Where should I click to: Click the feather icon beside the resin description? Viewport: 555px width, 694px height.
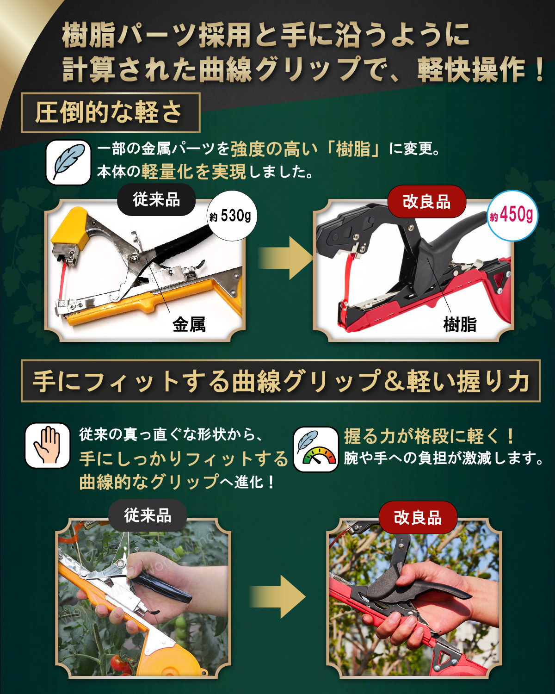coord(68,162)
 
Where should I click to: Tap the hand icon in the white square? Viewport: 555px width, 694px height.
coord(48,445)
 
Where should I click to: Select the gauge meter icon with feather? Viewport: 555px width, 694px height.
coord(316,449)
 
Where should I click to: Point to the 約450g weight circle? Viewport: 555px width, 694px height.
coord(512,216)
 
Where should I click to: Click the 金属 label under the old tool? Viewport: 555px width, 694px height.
coord(189,324)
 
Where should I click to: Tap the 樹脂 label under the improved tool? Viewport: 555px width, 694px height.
coord(460,324)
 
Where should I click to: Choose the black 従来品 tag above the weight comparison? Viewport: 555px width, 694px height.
coord(156,200)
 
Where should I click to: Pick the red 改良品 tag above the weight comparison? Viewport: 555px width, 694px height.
coord(426,202)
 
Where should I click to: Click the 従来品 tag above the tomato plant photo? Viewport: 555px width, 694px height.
coord(148,515)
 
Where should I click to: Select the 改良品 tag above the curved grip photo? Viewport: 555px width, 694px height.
coord(418,518)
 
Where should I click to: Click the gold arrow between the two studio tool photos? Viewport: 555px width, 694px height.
coord(285,258)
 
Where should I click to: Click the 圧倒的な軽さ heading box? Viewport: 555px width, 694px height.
coord(110,112)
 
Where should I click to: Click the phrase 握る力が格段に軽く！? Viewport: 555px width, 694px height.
coord(428,436)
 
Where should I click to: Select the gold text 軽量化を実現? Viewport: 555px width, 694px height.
coord(194,172)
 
